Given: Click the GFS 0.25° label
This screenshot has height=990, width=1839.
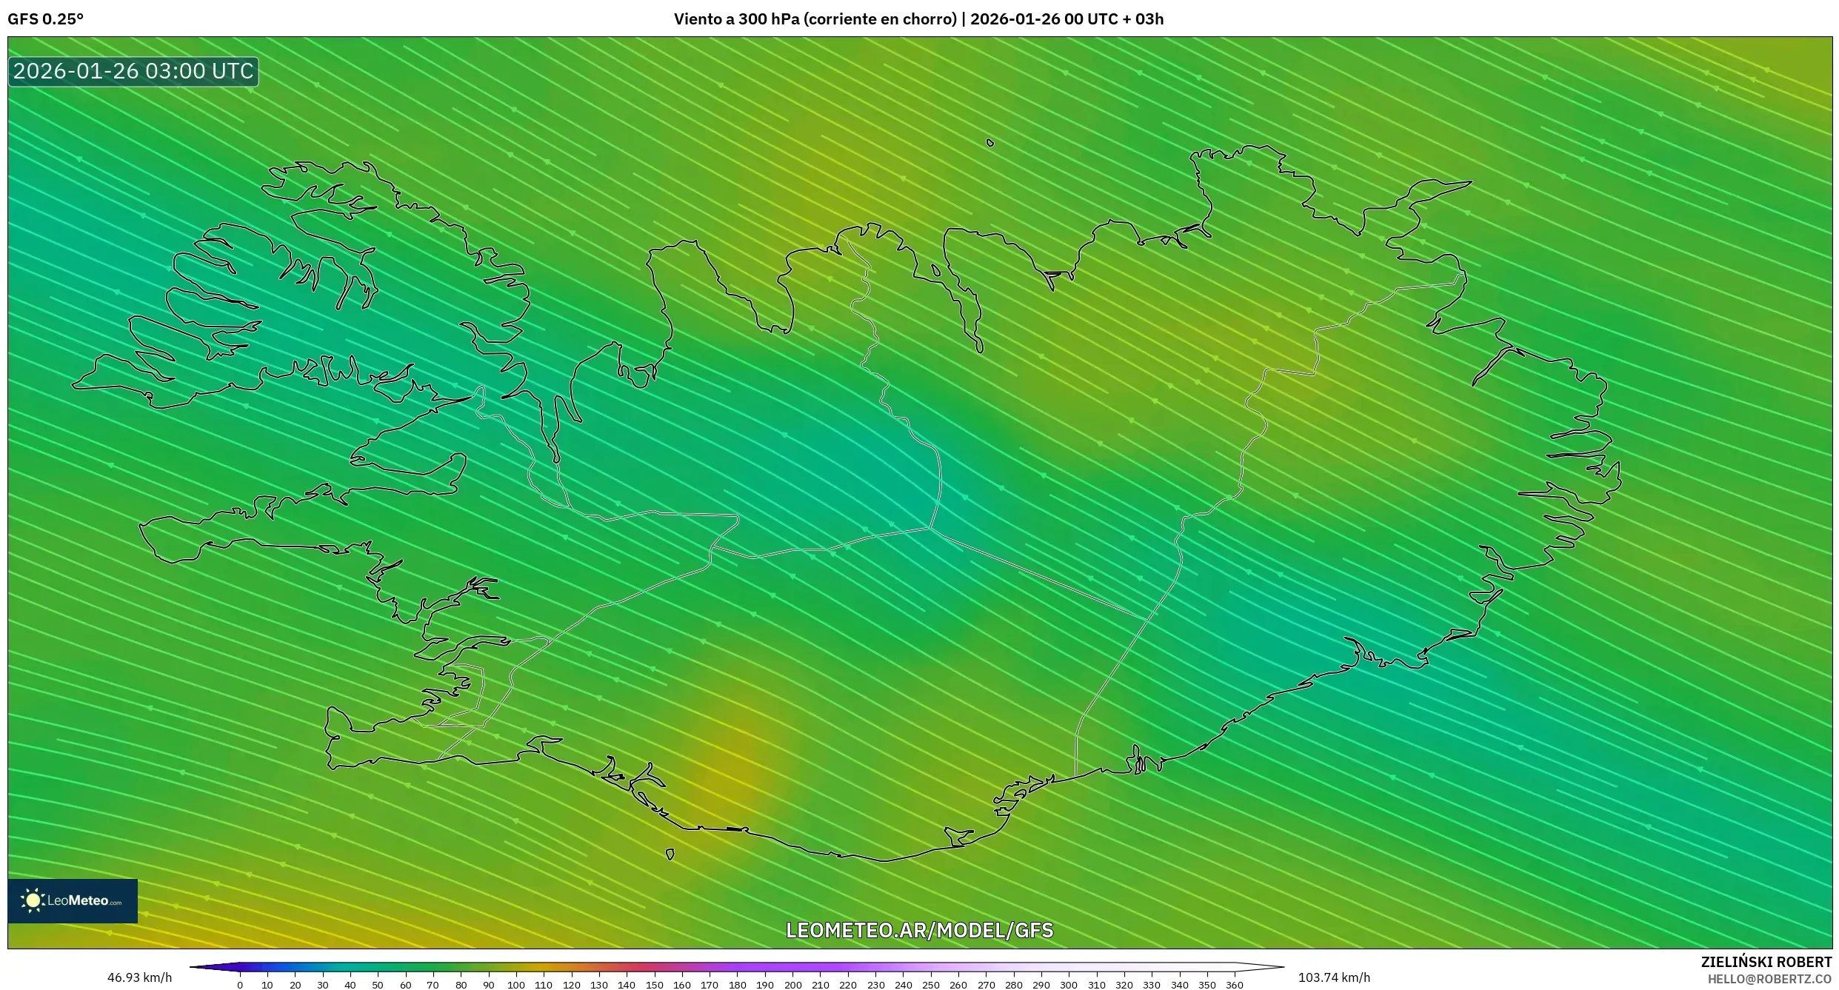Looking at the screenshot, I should tap(45, 19).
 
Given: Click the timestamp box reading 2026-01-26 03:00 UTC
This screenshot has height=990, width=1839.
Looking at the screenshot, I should tap(133, 72).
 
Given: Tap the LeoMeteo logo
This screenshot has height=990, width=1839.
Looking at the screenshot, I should tap(73, 900).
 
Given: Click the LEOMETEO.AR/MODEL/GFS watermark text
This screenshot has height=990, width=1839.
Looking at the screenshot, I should tap(919, 930).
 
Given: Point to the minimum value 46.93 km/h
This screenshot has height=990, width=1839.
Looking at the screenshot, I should tap(139, 977).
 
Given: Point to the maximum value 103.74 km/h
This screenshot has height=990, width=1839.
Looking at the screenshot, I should tap(1334, 977).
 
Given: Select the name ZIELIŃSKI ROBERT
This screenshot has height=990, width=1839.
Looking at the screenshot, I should tap(1766, 962).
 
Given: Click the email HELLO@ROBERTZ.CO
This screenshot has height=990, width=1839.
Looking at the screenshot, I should tap(1769, 979).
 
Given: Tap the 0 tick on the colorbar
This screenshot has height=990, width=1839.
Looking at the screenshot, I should tap(240, 985).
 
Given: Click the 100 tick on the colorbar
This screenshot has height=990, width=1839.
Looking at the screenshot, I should tap(516, 985).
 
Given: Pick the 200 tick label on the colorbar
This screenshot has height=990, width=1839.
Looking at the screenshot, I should tap(792, 985).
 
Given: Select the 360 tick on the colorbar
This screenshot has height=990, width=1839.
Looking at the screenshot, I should tap(1235, 985).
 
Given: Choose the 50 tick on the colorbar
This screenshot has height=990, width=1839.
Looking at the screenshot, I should tap(378, 985).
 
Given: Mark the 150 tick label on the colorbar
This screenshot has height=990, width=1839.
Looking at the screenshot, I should tap(654, 985).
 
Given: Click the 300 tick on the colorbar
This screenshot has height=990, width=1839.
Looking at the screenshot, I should tap(1069, 985).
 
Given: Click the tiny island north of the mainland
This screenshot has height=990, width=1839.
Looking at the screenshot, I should tap(990, 143).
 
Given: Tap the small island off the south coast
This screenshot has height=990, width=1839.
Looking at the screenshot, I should tap(670, 854).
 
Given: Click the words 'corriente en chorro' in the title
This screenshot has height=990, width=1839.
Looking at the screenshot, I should tap(881, 19).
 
